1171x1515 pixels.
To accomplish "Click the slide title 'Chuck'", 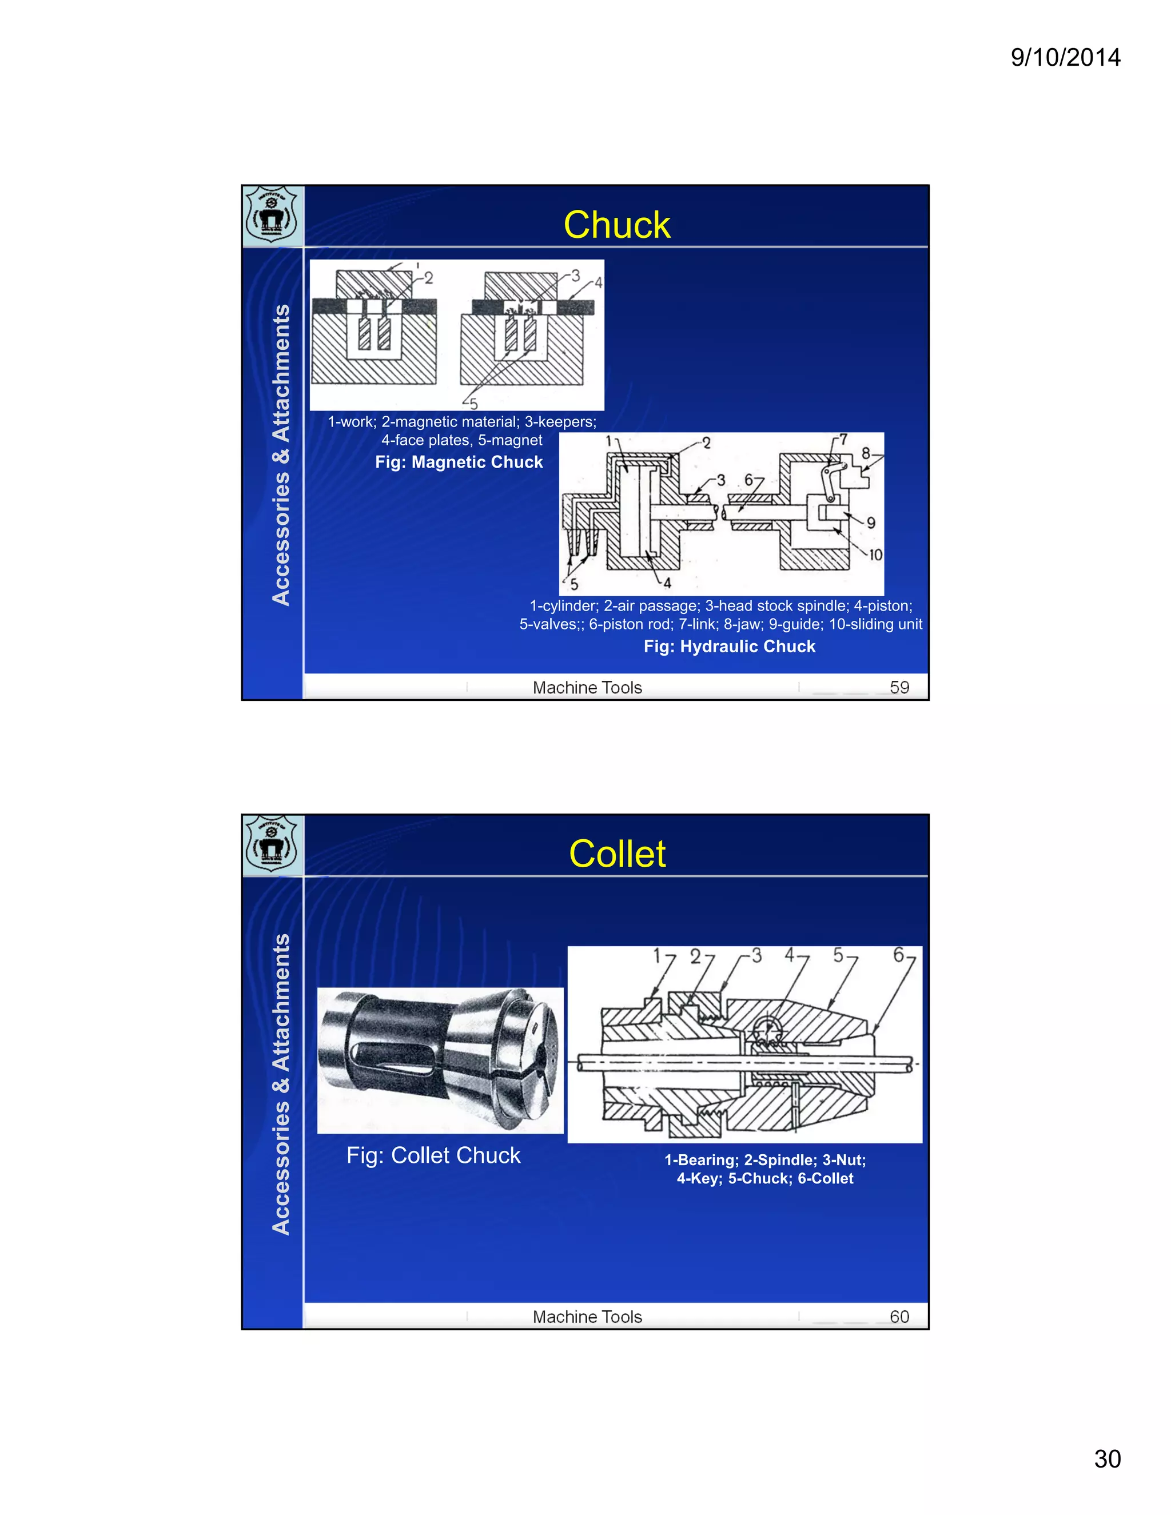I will pos(617,225).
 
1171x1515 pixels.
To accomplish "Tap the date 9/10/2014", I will pos(1065,57).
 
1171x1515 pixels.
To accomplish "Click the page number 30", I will pos(1107,1458).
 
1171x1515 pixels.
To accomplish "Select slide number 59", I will pos(899,687).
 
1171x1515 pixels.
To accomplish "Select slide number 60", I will pos(899,1317).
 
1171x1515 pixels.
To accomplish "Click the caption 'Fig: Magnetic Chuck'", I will pos(459,462).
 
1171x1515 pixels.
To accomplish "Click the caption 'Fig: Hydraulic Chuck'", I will pos(729,647).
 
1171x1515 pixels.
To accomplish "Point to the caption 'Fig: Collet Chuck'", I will pos(433,1155).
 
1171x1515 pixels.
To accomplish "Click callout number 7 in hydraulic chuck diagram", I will pos(843,440).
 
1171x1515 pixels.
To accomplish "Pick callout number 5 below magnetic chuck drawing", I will pos(474,404).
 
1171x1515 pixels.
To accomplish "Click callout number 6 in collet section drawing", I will pos(898,955).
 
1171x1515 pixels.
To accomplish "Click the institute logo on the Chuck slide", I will pos(272,215).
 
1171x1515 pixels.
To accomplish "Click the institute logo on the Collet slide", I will pos(272,844).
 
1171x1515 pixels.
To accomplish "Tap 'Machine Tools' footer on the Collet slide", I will pos(587,1317).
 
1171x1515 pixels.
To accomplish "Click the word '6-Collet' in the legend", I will pos(826,1178).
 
